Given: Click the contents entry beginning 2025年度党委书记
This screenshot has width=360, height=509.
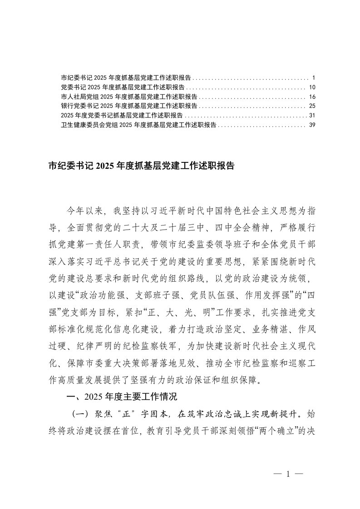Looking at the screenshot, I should coord(121,115).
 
